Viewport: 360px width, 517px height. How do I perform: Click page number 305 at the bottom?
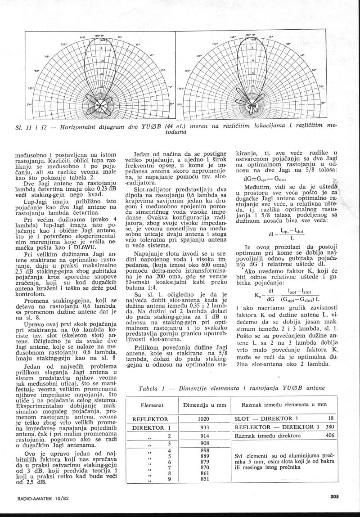pos(333,497)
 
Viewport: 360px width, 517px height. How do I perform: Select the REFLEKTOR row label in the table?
pos(150,418)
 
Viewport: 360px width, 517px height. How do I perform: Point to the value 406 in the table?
pos(330,436)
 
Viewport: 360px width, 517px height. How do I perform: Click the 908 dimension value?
pos(205,444)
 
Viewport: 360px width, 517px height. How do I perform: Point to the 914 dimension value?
pos(205,436)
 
